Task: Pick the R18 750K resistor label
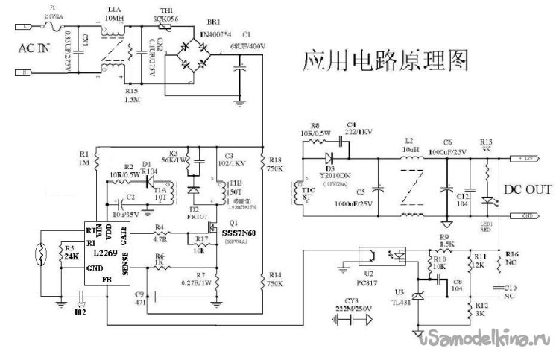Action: pos(274,164)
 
